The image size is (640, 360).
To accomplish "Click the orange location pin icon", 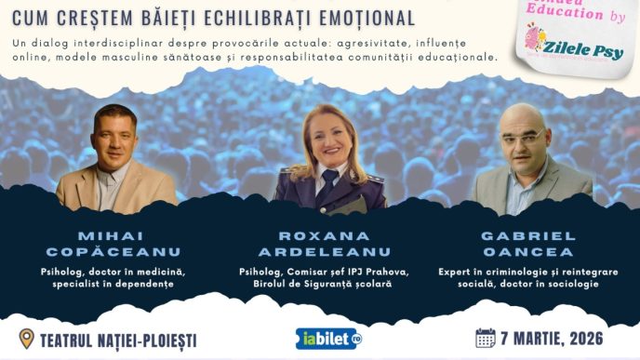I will pos(26,337).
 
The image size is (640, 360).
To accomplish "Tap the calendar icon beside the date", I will pos(485,337).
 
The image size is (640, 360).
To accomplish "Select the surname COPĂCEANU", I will pos(115,252).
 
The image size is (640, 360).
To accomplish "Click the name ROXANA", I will pos(321,235).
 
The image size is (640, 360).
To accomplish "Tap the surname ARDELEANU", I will pos(321,252).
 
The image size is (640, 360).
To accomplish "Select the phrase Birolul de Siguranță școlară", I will pos(321,284).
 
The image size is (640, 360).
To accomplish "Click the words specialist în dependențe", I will pos(115,284).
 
